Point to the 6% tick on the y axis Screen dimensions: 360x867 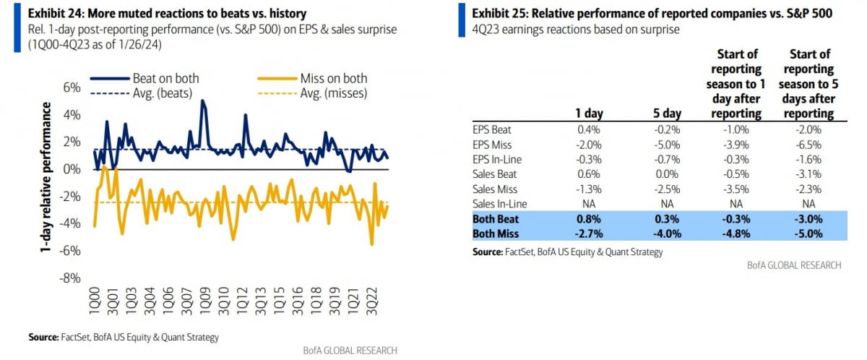click(x=70, y=87)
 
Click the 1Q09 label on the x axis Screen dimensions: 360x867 click(x=205, y=304)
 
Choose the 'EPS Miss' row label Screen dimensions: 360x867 click(x=491, y=145)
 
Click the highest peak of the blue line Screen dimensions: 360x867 click(x=203, y=101)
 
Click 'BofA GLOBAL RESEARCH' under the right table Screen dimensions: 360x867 click(x=794, y=265)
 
